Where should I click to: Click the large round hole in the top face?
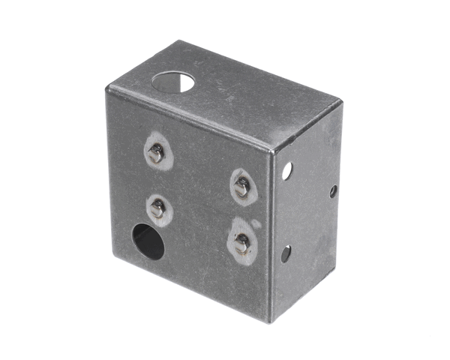[173, 80]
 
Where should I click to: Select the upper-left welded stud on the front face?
[156, 154]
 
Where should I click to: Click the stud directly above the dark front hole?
[157, 208]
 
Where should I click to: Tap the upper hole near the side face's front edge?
[286, 172]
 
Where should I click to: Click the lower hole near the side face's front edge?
[286, 253]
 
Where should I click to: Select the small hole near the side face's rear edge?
[333, 191]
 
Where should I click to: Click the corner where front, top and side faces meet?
[274, 148]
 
